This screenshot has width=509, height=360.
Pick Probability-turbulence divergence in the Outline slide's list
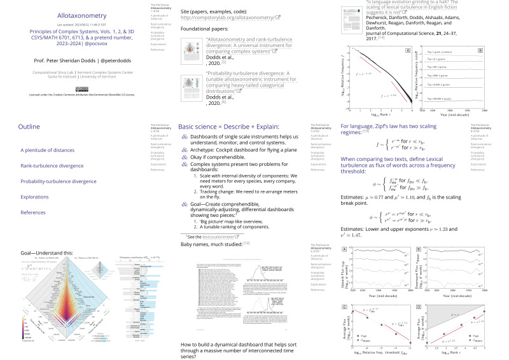pos(62,181)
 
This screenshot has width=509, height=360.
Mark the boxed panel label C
pos(345,308)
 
